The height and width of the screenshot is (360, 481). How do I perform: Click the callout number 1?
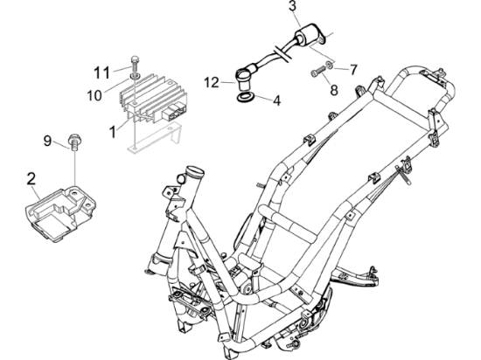click(x=113, y=132)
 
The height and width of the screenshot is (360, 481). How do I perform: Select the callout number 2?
click(x=31, y=179)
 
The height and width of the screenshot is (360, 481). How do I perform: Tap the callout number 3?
click(x=293, y=6)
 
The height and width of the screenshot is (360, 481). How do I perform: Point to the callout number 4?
click(x=276, y=100)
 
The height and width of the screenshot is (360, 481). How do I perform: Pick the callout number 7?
click(x=353, y=70)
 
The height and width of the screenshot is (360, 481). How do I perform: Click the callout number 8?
click(x=334, y=90)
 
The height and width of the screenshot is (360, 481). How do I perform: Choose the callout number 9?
click(x=47, y=141)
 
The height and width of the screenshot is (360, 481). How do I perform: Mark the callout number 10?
click(x=94, y=95)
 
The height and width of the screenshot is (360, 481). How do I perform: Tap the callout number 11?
click(x=101, y=73)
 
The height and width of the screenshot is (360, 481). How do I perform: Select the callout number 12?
click(x=212, y=82)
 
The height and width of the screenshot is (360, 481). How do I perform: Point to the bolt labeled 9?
click(x=73, y=142)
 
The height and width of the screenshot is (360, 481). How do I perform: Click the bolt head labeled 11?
click(x=135, y=59)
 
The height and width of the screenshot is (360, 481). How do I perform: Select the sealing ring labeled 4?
click(x=245, y=98)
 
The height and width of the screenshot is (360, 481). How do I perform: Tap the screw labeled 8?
click(x=318, y=72)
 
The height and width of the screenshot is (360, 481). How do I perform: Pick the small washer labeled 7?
click(x=329, y=65)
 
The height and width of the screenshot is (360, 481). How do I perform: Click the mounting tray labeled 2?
click(x=60, y=213)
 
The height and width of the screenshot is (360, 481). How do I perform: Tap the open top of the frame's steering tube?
click(x=195, y=170)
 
